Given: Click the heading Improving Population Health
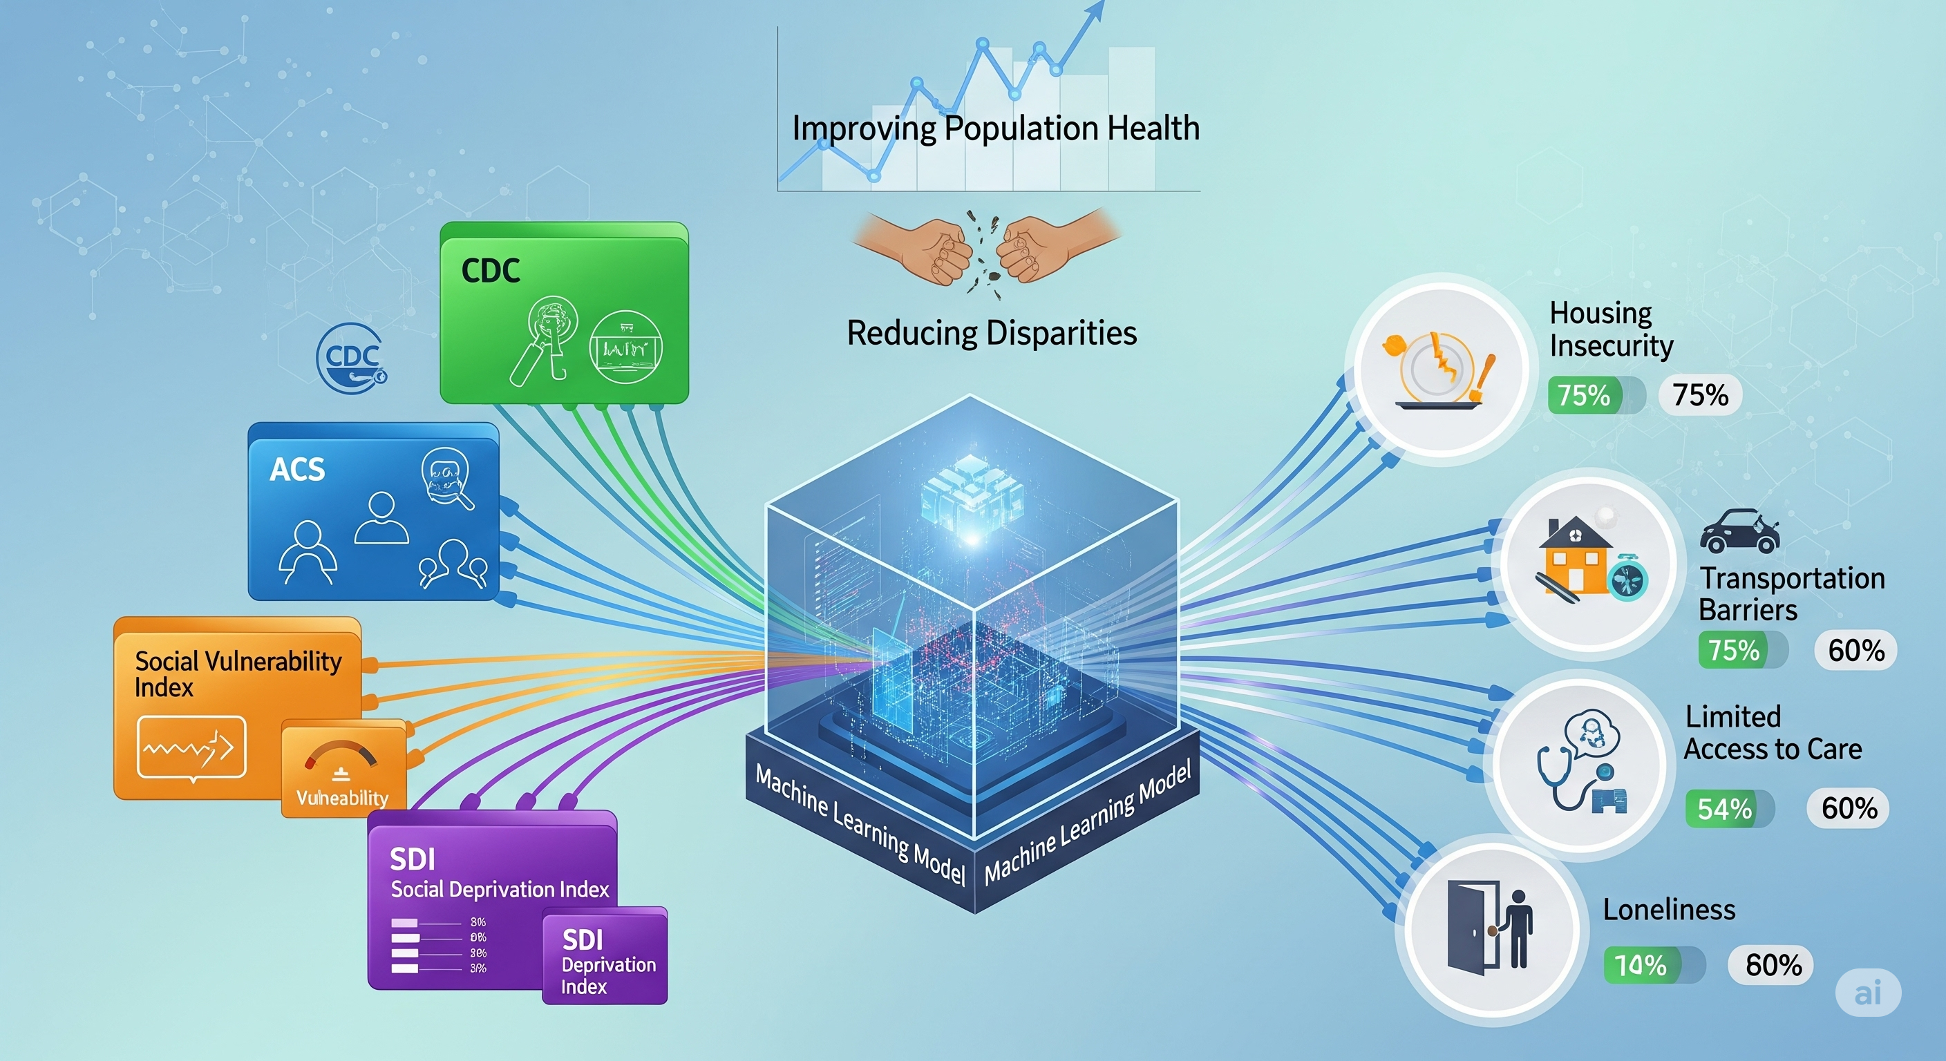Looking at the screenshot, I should [996, 128].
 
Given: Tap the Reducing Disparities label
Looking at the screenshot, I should [991, 333].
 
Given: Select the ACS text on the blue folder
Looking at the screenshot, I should [297, 470].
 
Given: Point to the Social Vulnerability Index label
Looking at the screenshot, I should [237, 673].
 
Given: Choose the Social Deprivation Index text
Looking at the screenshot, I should [500, 890].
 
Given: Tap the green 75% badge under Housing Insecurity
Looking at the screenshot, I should [1584, 395].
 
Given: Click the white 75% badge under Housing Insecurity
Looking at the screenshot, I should [1700, 395].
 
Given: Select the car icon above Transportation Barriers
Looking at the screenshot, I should [1739, 532].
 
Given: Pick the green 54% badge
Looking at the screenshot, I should [1724, 810].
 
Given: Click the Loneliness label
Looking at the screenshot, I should [1669, 910].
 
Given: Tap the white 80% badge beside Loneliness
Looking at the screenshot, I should [1773, 965].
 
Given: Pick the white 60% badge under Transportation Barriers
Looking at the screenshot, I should [1855, 650].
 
